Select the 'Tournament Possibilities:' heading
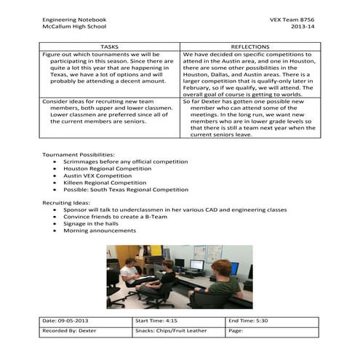coord(78,155)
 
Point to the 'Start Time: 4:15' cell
coord(159,321)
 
